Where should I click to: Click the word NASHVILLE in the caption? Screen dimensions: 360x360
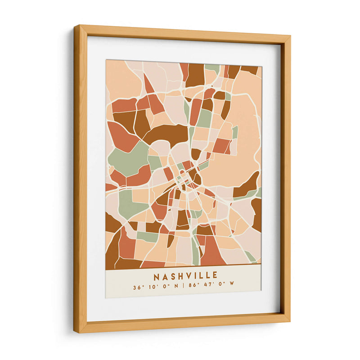tap(185, 275)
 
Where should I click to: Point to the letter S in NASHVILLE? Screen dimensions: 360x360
tap(173, 275)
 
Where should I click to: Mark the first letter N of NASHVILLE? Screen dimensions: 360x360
tap(156, 275)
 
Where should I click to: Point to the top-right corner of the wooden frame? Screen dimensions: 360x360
tap(289, 36)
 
